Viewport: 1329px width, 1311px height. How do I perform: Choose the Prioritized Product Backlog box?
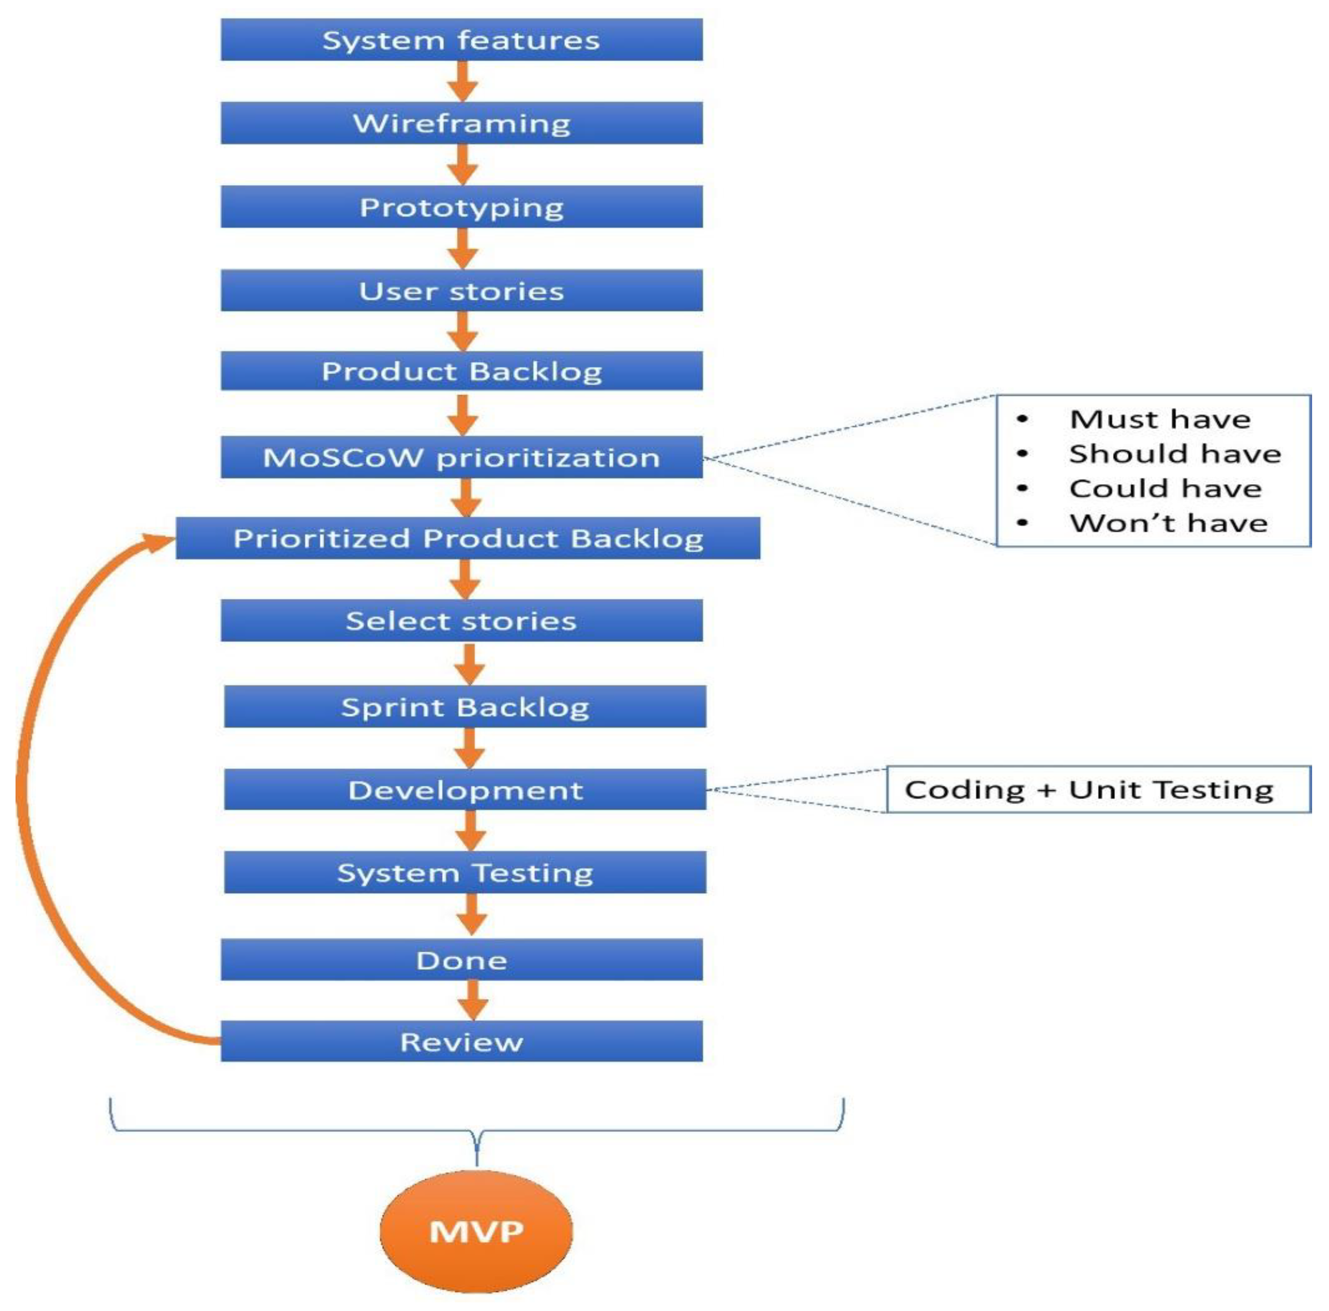pos(468,538)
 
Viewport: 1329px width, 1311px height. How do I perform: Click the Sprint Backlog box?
pos(465,707)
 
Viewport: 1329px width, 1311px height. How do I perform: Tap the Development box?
pos(465,790)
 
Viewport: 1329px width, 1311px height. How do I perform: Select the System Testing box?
pos(465,873)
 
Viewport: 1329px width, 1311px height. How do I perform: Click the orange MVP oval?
pos(476,1231)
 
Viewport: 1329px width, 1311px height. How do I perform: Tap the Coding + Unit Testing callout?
pos(1098,789)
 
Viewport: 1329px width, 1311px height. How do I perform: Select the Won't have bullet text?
pos(1168,523)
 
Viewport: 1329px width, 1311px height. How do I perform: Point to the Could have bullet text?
pos(1166,489)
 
